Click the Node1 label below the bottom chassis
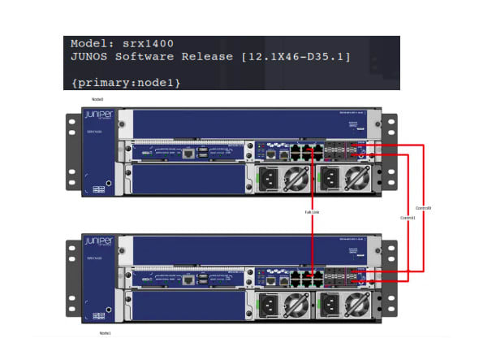click(x=105, y=333)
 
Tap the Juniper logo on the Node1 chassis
click(x=101, y=242)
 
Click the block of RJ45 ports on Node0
click(x=305, y=152)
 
